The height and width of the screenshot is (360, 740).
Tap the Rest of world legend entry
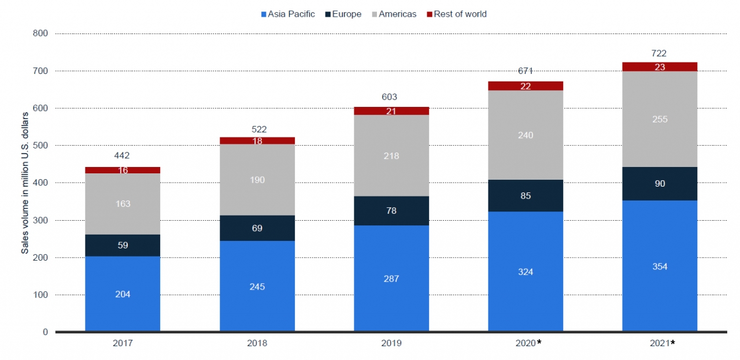pos(460,14)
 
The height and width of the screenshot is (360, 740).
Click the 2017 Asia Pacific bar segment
pos(123,294)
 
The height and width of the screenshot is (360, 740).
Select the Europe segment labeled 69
pos(257,228)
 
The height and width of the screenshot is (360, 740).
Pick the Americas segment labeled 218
pos(391,156)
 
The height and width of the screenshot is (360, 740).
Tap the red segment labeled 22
pos(526,86)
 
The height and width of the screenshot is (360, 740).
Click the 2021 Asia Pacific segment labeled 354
pos(660,266)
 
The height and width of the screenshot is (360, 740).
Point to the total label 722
pos(660,53)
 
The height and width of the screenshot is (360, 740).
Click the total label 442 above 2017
pos(123,155)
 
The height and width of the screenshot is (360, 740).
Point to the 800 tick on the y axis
pos(40,34)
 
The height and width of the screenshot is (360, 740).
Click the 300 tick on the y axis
pos(40,220)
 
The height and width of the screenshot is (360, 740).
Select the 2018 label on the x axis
pos(257,343)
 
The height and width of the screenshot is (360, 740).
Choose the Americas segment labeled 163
pos(123,203)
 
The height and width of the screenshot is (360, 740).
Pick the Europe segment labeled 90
pos(660,184)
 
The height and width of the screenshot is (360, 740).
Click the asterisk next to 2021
pos(673,342)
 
